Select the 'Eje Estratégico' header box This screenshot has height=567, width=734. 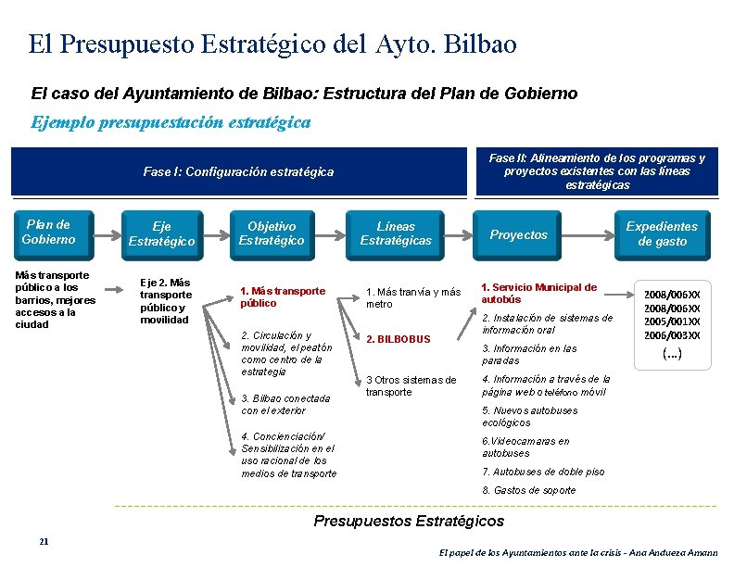click(161, 234)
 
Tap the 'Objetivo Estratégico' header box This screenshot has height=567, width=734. click(272, 234)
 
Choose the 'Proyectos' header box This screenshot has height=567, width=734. click(519, 235)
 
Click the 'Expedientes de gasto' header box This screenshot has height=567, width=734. click(662, 234)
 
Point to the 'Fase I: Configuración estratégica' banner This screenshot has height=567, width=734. click(238, 172)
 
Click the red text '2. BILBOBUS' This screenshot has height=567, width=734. click(399, 339)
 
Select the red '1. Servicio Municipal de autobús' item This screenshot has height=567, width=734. click(539, 294)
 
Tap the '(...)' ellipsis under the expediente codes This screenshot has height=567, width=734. click(673, 354)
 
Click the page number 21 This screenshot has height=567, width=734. click(44, 541)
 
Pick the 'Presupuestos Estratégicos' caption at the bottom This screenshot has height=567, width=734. click(409, 522)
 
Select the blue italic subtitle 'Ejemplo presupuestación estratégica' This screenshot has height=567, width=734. click(171, 122)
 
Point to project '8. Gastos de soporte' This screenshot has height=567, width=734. click(529, 490)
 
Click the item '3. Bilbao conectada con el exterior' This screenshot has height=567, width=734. click(272, 404)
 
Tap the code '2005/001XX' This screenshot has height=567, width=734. click(673, 321)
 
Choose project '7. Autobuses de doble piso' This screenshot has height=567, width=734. click(543, 472)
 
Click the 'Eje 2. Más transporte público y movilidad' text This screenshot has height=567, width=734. click(165, 301)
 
